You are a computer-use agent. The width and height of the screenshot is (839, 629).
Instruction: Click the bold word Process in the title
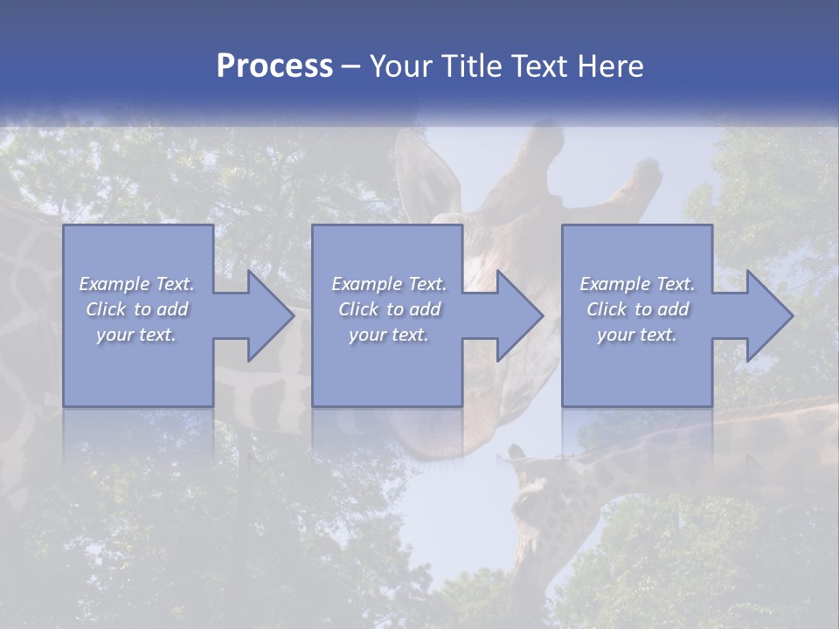click(274, 66)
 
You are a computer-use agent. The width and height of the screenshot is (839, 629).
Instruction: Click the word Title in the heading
click(468, 66)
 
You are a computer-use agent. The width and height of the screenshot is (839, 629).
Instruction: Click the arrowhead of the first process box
click(267, 315)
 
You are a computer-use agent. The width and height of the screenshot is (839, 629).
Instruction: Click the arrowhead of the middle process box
click(516, 315)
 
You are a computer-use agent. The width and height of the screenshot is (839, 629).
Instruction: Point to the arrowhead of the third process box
click(766, 315)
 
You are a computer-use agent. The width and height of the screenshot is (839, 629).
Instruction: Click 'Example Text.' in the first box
click(137, 284)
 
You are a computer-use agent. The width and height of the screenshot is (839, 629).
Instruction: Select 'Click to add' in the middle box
click(389, 309)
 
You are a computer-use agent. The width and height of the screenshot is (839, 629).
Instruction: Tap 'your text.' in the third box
click(637, 335)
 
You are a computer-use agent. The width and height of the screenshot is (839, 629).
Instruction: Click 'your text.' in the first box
click(137, 335)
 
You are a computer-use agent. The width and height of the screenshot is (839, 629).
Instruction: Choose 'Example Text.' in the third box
click(637, 284)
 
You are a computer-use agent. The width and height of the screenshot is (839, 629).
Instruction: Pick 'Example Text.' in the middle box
click(389, 284)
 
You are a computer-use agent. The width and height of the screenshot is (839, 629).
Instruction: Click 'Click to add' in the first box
click(137, 309)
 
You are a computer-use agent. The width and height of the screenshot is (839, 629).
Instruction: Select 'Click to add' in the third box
click(637, 309)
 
